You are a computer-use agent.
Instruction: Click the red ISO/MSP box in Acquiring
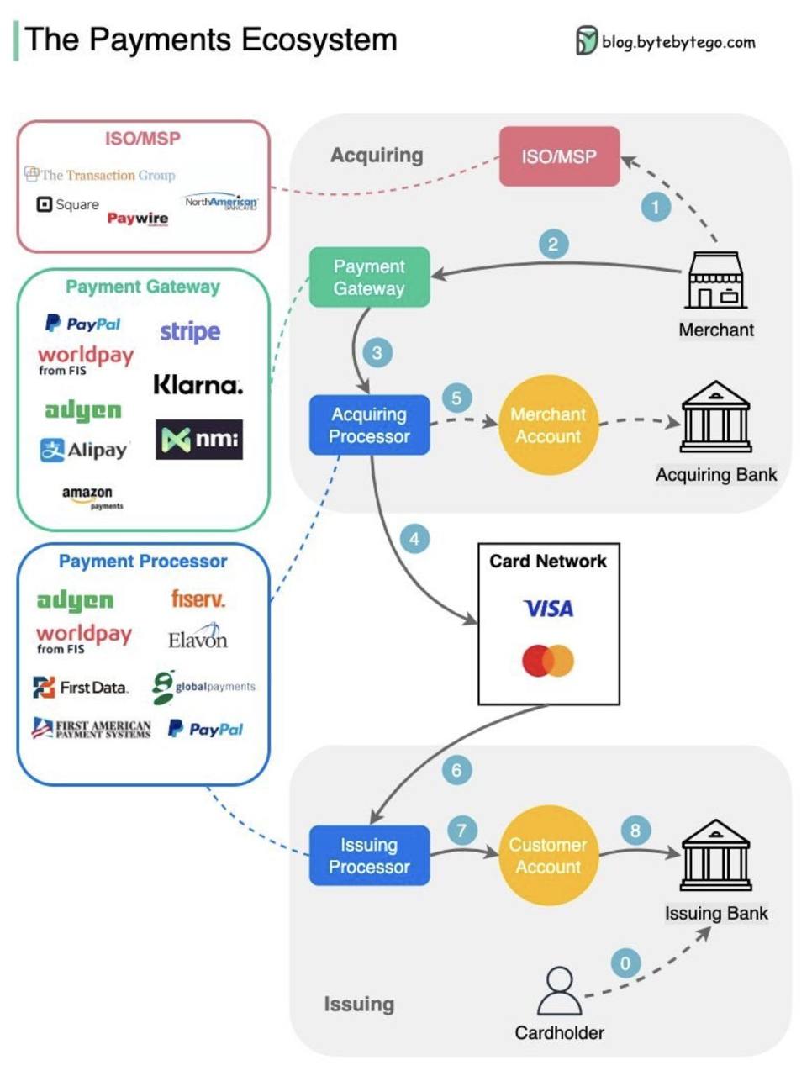point(559,156)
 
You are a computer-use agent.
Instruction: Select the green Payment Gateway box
point(369,277)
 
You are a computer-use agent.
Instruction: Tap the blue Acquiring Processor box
point(369,425)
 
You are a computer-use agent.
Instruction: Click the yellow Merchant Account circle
point(548,425)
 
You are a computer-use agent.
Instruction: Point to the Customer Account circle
point(548,856)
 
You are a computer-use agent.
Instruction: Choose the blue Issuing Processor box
point(369,856)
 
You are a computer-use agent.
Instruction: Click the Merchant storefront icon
point(716,281)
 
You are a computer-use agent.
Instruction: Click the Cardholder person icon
point(559,992)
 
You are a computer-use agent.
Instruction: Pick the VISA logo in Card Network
point(548,609)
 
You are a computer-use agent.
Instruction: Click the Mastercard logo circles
point(548,661)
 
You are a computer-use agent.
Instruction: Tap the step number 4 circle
point(414,539)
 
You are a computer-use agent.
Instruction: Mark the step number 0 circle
point(625,963)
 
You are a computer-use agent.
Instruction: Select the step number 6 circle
point(456,770)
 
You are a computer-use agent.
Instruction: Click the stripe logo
point(190,331)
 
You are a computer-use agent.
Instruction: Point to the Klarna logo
point(198,385)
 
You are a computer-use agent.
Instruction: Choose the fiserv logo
point(198,599)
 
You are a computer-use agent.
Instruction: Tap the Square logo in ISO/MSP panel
point(68,204)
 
